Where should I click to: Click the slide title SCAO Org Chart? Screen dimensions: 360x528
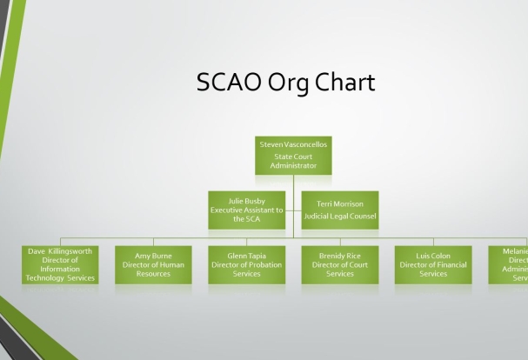286,83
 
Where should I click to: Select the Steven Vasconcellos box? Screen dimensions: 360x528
294,154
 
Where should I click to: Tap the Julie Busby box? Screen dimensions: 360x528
247,210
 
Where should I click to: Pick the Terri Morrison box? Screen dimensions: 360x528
340,210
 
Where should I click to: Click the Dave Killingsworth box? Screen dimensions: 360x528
60,264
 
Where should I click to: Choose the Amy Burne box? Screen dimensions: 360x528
153,264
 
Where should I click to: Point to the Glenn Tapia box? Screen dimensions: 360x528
247,264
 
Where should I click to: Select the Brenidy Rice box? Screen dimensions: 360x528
340,264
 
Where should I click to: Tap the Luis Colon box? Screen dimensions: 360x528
433,264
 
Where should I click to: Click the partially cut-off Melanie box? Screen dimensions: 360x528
509,264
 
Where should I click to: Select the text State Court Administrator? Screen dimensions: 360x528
294,160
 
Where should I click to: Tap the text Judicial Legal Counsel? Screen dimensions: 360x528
340,215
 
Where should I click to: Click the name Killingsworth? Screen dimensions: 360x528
69,250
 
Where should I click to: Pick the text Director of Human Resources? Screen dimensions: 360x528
153,269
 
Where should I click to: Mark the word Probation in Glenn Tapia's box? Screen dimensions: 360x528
264,264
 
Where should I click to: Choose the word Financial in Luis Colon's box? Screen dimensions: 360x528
449,264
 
